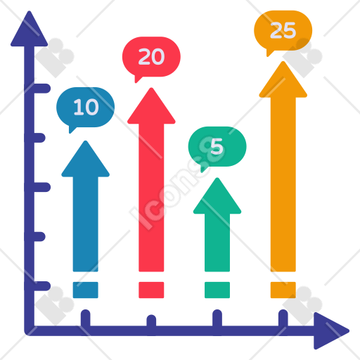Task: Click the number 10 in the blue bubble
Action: (86, 107)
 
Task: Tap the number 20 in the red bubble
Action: (151, 56)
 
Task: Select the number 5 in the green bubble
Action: (217, 146)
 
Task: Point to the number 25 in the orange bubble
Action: (283, 30)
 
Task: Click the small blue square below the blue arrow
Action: (86, 290)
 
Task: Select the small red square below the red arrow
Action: (151, 290)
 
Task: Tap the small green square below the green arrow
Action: (217, 290)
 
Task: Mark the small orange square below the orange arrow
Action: (283, 290)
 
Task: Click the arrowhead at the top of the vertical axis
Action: (30, 30)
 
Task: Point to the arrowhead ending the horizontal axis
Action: (330, 331)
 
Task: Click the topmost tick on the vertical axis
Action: (42, 89)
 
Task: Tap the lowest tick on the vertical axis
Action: (42, 286)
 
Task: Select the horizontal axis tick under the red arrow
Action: (151, 321)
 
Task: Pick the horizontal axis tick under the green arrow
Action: (217, 318)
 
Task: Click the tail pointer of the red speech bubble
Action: (138, 79)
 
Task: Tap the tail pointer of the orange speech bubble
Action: (269, 53)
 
